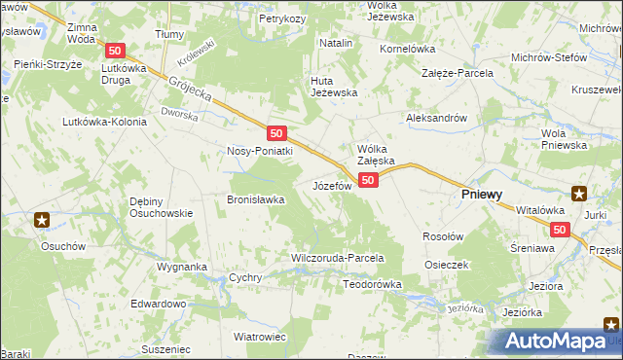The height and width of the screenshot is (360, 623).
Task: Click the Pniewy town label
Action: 481,195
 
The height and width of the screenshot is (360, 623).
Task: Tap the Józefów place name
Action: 332,185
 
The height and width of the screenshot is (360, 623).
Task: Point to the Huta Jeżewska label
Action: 334,87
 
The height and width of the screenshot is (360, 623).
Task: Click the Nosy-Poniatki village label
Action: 259,151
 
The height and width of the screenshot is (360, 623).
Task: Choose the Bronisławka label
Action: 255,199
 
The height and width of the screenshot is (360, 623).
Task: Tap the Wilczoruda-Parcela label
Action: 338,259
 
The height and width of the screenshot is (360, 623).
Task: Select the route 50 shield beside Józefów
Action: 368,181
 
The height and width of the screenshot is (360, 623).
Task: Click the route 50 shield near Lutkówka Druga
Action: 116,51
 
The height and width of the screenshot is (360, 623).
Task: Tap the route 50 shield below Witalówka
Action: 559,230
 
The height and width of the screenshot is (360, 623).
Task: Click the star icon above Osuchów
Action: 42,220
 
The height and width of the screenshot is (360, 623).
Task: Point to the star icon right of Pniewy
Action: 579,193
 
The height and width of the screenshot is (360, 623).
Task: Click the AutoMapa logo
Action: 555,341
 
